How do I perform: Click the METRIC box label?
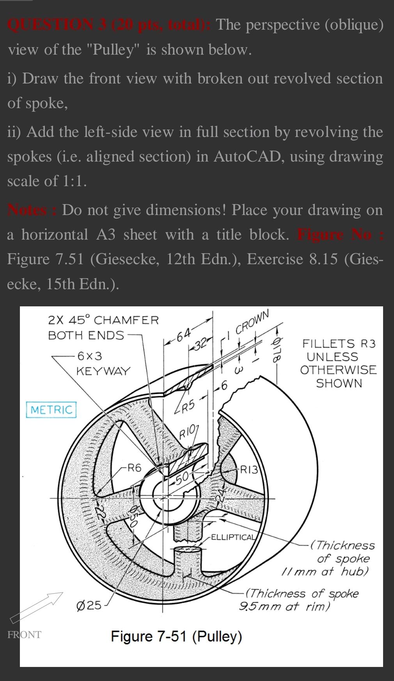point(51,410)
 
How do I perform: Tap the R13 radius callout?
point(249,469)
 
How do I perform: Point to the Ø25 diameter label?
point(89,605)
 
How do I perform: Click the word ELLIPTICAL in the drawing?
point(233,537)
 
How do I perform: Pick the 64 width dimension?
point(183,334)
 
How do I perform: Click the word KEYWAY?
point(103,371)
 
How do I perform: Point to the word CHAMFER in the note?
point(126,320)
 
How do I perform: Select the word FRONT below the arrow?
point(24,635)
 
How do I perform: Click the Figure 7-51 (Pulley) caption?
point(176,637)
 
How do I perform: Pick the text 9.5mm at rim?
point(285,607)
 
